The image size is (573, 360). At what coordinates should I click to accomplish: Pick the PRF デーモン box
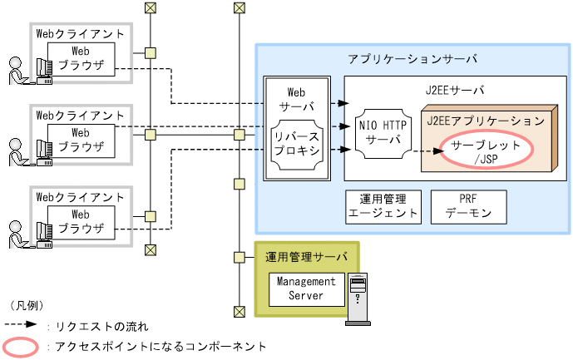point(467,206)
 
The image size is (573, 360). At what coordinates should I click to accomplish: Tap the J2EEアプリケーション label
point(485,121)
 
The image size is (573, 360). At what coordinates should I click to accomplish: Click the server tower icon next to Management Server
point(358,299)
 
